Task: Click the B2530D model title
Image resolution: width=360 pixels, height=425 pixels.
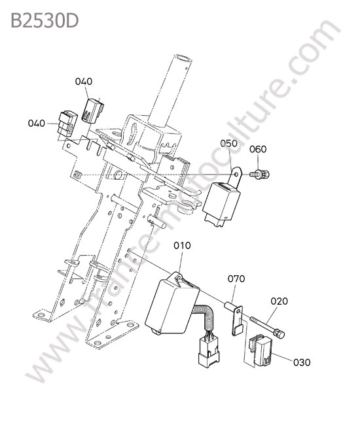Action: pos(45,21)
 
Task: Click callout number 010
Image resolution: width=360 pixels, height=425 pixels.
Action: pos(183,246)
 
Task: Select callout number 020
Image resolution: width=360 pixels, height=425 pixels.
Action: pos(279,301)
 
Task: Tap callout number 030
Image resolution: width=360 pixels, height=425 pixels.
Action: pos(302,362)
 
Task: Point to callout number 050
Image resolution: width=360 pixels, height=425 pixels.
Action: pos(228,143)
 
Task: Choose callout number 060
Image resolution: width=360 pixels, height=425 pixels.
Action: pos(258,149)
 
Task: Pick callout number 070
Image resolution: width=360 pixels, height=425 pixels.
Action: pos(236,279)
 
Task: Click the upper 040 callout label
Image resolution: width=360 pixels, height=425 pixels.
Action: pos(84,81)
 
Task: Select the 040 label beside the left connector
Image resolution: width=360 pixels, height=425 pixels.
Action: pos(37,124)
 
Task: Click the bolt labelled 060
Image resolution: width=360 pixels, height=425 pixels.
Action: pos(260,174)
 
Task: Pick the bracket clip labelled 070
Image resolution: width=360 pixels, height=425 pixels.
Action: pos(235,317)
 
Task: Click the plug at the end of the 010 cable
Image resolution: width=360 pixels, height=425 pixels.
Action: pos(209,353)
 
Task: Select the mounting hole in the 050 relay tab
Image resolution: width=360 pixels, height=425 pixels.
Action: pos(236,171)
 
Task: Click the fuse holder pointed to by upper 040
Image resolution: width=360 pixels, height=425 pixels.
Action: pos(92,111)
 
